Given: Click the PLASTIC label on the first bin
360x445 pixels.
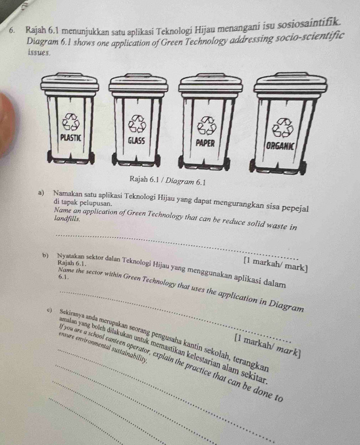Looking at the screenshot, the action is pos(71,138).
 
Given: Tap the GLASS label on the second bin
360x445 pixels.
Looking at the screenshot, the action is pos(136,140).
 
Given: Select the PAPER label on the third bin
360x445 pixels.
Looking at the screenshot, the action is pos(205,143).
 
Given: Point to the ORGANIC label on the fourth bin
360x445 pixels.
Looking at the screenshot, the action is pos(280,146).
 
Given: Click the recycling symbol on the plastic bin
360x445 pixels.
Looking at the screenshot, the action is pos(71,121).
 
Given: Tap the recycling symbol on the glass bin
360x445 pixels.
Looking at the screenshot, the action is pos(137,124).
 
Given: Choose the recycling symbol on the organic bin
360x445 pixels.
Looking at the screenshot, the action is pos(283,128).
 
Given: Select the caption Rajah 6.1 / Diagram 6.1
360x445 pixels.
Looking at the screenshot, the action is pos(167,180).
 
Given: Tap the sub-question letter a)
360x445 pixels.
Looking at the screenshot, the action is pos(41,194).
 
